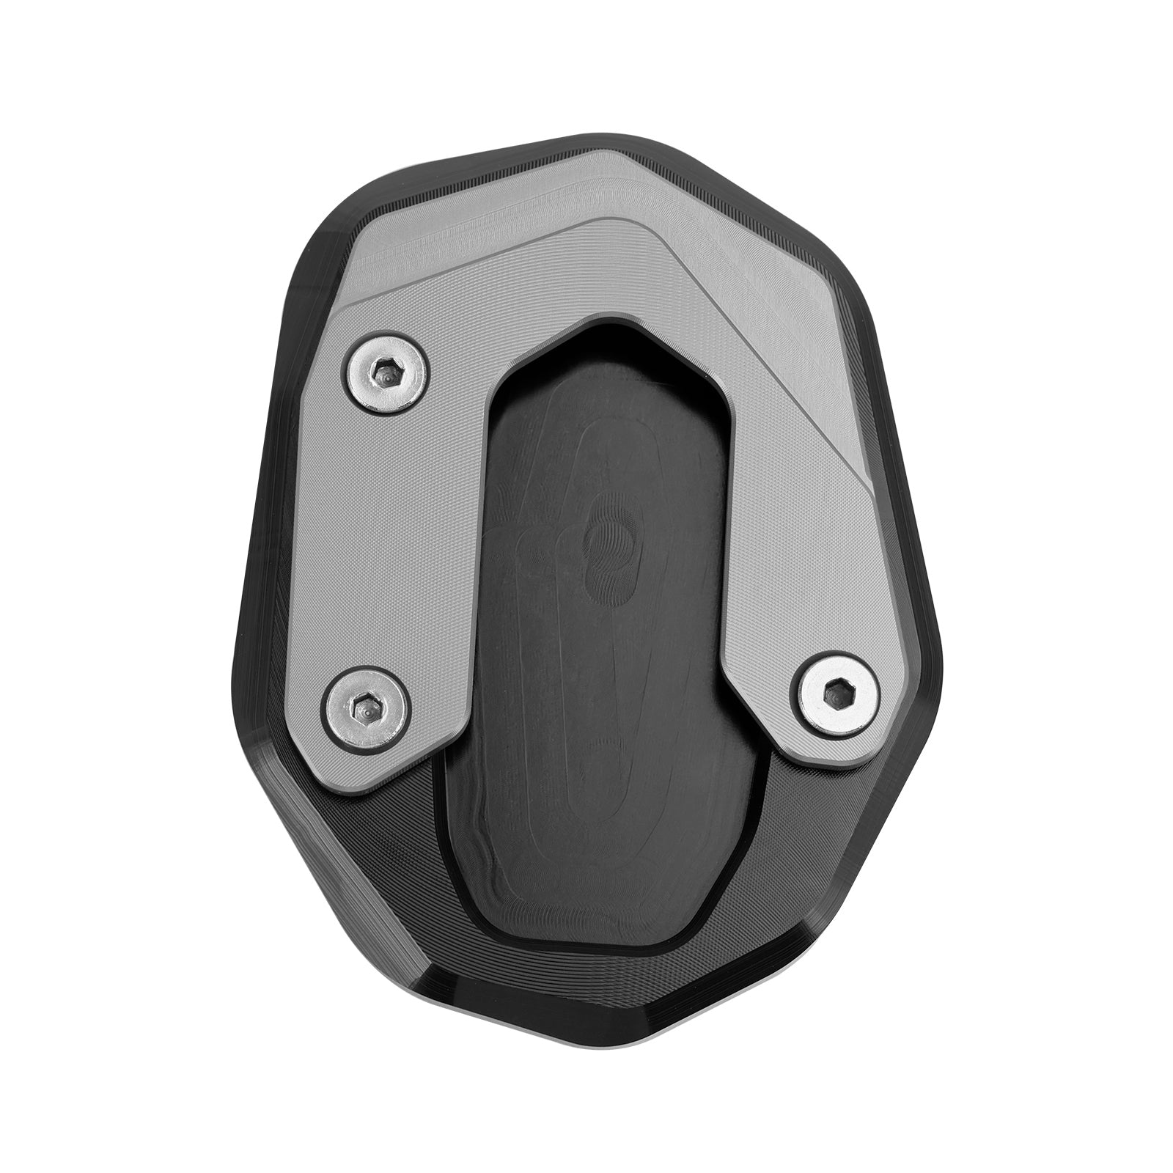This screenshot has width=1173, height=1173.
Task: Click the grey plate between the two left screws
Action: (367, 543)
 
